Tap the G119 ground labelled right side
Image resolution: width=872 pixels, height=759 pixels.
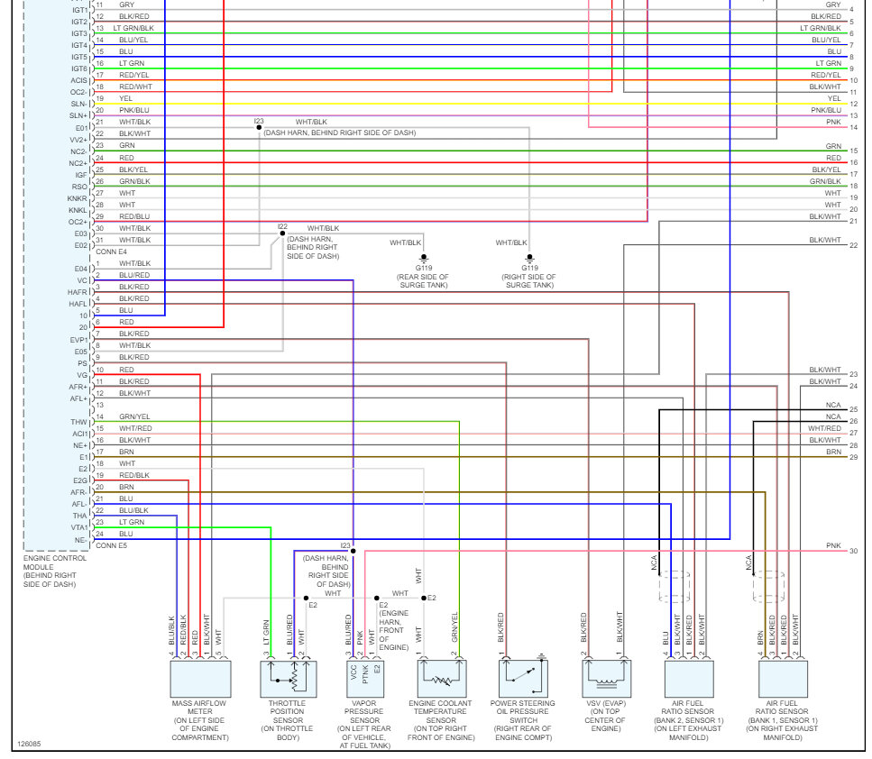click(529, 268)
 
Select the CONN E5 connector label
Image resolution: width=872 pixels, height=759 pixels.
click(111, 545)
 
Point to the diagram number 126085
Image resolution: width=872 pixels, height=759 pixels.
click(29, 745)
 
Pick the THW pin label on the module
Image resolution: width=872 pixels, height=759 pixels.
click(79, 422)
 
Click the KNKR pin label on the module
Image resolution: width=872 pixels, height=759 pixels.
click(78, 198)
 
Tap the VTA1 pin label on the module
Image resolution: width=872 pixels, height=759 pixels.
click(78, 527)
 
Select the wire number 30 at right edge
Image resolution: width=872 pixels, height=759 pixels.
click(853, 551)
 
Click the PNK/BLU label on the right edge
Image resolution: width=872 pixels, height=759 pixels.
click(827, 110)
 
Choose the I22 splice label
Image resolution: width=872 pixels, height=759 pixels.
click(282, 227)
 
